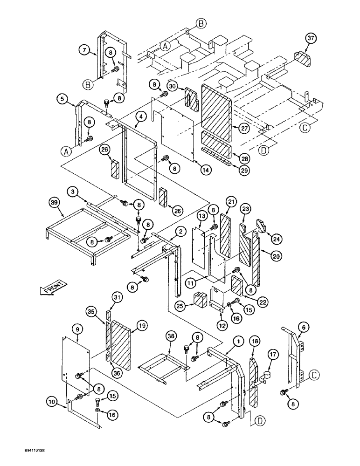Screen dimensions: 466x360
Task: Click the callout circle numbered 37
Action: pyautogui.click(x=312, y=38)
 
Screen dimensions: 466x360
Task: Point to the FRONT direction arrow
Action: pyautogui.click(x=52, y=288)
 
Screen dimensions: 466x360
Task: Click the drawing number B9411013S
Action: pyautogui.click(x=21, y=452)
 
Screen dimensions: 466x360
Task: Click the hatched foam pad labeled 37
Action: pyautogui.click(x=303, y=60)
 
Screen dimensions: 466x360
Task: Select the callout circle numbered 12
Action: pyautogui.click(x=222, y=325)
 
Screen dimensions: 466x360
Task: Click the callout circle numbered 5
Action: pyautogui.click(x=62, y=98)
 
